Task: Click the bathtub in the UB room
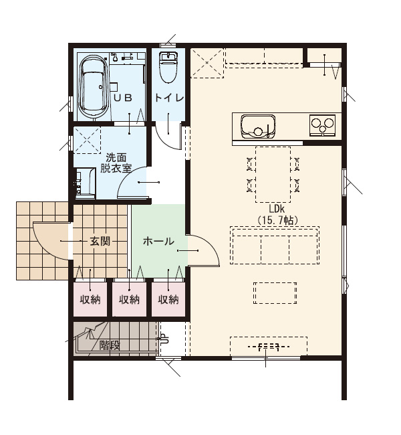coord(94,88)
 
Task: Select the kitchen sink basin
coord(258,127)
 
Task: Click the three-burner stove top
coord(323,125)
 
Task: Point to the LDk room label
coord(277,208)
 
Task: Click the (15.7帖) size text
coord(277,220)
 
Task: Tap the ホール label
coord(158,242)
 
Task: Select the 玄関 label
coord(100,242)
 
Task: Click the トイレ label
coord(169,98)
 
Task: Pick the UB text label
coord(124,98)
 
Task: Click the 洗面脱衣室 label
coord(116,163)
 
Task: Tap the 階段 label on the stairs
coord(110,345)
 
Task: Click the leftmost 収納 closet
coord(90,299)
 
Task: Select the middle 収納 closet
coord(129,299)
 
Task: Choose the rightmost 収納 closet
coord(168,299)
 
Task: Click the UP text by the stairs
coord(164,339)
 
